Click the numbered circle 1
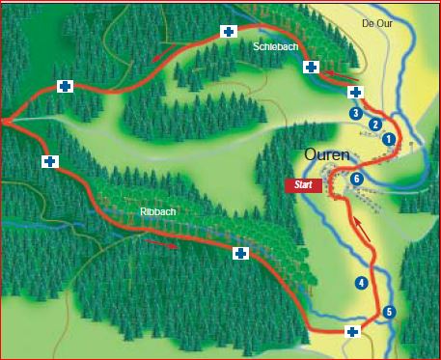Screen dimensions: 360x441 click(x=389, y=139)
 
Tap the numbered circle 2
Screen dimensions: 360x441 click(x=375, y=124)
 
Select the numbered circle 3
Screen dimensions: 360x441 click(x=356, y=113)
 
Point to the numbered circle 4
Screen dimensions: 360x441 click(x=361, y=283)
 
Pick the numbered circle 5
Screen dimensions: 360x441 click(x=389, y=311)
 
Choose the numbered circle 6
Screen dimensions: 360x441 click(x=357, y=179)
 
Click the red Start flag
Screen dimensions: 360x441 click(x=304, y=184)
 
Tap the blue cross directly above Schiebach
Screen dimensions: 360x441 click(x=229, y=31)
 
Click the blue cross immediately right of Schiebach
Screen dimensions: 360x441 click(x=311, y=67)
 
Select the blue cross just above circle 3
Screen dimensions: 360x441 click(x=355, y=92)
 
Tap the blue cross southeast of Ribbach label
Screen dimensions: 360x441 click(x=240, y=253)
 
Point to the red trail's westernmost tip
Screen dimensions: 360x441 click(x=4, y=122)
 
